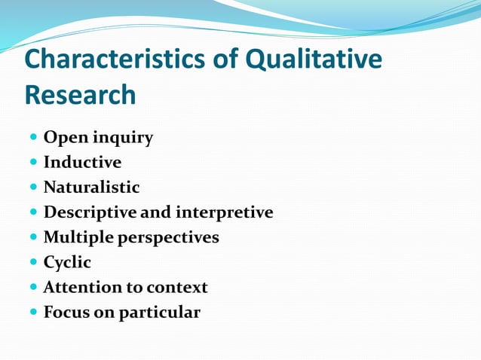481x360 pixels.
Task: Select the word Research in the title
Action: click(80, 96)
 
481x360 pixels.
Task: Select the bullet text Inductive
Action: click(82, 163)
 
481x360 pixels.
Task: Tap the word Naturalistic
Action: click(91, 188)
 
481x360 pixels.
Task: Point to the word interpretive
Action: click(224, 212)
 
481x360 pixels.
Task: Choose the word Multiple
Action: click(78, 237)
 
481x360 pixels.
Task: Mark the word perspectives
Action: click(168, 238)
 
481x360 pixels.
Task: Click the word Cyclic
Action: click(67, 263)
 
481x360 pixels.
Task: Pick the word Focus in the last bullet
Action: click(66, 312)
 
